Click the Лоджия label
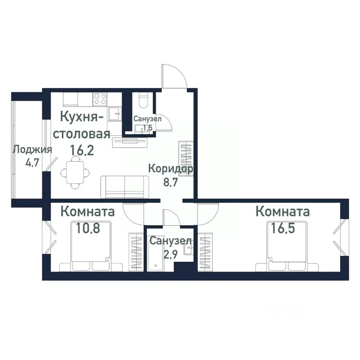coord(32,150)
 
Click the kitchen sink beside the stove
coord(115,113)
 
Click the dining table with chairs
coord(76,172)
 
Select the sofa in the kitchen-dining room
coord(124,187)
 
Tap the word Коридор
coord(171,168)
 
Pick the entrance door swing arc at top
coord(175,75)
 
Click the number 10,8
coord(88,228)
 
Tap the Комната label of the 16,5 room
coord(282,211)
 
